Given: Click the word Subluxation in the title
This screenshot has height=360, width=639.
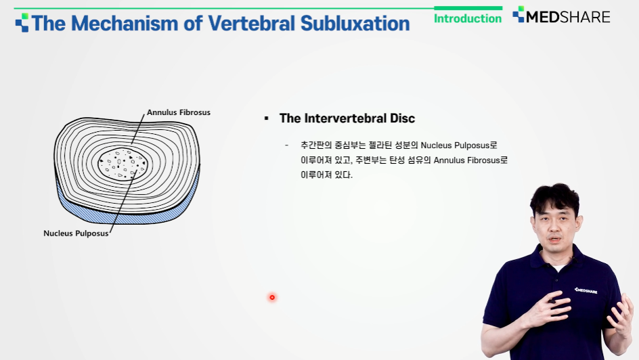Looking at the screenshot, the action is tap(355, 24).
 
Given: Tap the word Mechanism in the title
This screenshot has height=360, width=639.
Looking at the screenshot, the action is tap(125, 24).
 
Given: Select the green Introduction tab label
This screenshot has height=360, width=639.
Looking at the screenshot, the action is tap(468, 18).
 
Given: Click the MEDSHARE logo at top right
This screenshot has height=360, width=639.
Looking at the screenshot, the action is tap(561, 16).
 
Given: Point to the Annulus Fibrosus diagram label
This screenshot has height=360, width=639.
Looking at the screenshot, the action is tap(179, 112).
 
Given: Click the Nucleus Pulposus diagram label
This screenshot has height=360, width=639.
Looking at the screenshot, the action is tap(76, 233).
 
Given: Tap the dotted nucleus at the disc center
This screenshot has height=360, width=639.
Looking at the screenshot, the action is tap(123, 163).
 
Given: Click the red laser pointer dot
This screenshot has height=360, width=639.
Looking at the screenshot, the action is tap(272, 297).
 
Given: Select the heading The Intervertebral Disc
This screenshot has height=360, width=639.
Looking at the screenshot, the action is tap(347, 118).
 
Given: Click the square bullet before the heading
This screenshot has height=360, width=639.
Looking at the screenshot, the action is tap(267, 118).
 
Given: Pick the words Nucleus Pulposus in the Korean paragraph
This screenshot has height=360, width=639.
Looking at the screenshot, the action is tap(455, 145).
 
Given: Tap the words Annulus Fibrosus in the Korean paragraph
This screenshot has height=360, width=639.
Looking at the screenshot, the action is tap(466, 160).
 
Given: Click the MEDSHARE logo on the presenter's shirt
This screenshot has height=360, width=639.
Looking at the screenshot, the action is tap(586, 290).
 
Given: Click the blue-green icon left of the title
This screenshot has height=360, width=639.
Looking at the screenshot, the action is tap(22, 22).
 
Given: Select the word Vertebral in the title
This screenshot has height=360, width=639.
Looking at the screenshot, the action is tap(251, 24).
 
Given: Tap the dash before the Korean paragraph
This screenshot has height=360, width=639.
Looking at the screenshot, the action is tap(287, 145).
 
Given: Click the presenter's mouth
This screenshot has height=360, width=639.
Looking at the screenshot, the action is tap(555, 240).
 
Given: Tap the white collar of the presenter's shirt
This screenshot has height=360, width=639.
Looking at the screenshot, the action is tap(559, 267).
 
